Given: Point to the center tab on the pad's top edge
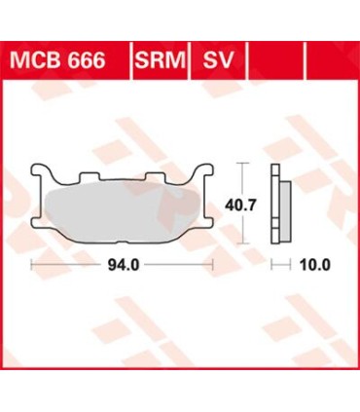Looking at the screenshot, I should pyautogui.click(x=122, y=178).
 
